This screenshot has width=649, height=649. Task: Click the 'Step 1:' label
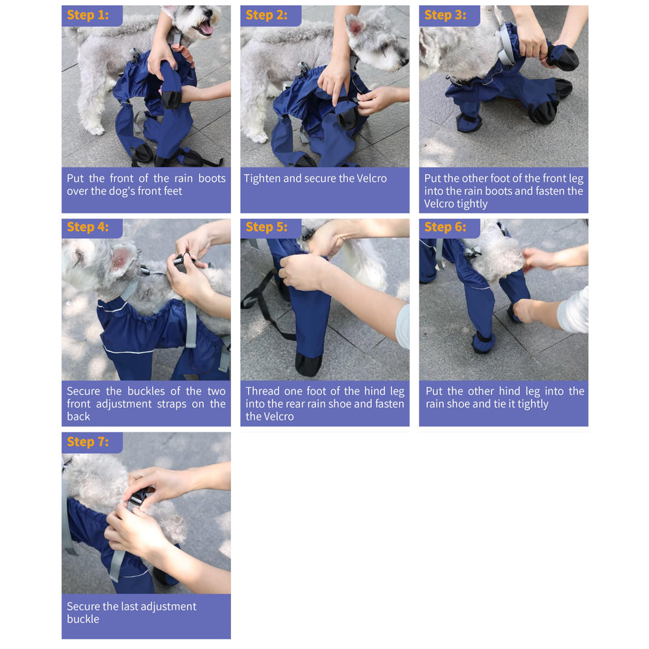click(x=88, y=16)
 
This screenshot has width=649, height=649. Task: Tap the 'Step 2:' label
click(x=267, y=16)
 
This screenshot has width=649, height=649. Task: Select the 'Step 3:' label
click(x=445, y=16)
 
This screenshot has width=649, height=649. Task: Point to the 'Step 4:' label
click(x=88, y=228)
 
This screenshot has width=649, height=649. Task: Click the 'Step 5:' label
click(x=267, y=228)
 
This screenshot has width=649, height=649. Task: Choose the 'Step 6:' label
click(x=445, y=228)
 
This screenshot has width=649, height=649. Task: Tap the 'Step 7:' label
click(x=88, y=442)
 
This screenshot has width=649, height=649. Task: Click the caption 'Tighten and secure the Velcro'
click(x=315, y=178)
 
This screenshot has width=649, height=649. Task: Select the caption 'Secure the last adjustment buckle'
click(x=131, y=613)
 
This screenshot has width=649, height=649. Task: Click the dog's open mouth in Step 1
click(x=206, y=28)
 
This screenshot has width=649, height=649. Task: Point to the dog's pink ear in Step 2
click(x=355, y=27)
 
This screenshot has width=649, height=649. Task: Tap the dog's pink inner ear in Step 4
click(x=121, y=258)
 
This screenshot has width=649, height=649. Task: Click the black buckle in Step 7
click(x=138, y=498)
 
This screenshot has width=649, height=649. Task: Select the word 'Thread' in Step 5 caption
click(x=262, y=391)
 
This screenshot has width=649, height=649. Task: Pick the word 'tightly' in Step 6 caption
click(x=532, y=404)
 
